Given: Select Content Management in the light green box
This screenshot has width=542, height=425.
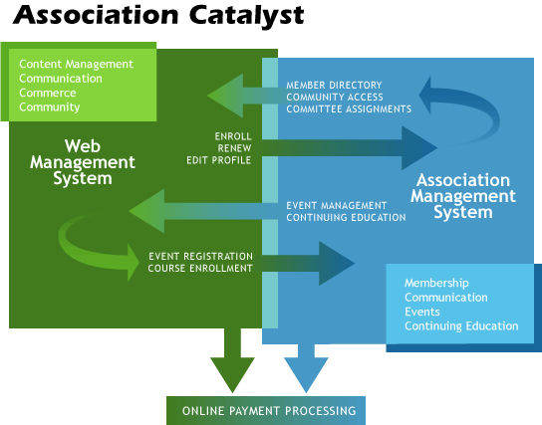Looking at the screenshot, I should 76,64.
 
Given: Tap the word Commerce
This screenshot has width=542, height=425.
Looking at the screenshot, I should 48,93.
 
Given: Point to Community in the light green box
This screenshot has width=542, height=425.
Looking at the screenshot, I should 50,106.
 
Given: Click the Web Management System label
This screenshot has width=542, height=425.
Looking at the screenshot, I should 83,161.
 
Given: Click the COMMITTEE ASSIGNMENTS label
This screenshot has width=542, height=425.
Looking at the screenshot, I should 349,109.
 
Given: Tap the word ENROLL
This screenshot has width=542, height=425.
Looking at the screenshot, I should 233,135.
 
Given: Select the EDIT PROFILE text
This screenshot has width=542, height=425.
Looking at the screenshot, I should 218,160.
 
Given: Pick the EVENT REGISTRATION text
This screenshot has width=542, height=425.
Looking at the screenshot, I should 200,256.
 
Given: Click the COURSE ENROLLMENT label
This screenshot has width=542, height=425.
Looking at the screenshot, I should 200,268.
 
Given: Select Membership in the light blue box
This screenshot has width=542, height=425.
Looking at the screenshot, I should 436,284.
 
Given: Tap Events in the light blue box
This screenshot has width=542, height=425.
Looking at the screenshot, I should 422,312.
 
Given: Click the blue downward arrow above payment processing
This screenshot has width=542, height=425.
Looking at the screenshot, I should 306,368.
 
